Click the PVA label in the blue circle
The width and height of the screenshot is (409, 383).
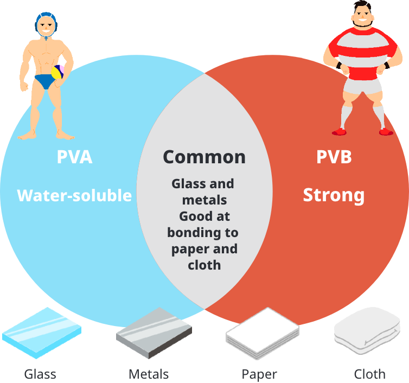pyautogui.click(x=74, y=157)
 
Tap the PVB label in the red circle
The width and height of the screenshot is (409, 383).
pyautogui.click(x=334, y=157)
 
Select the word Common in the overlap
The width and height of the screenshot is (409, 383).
pyautogui.click(x=204, y=157)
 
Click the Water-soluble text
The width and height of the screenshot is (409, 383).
pyautogui.click(x=74, y=195)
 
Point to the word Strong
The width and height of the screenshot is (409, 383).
pyautogui.click(x=334, y=195)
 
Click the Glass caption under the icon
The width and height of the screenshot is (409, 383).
pyautogui.click(x=40, y=374)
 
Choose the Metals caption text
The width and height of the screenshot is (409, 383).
pyautogui.click(x=149, y=374)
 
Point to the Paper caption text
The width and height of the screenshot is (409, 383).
pyautogui.click(x=259, y=374)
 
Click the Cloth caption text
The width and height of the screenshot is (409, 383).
pyautogui.click(x=369, y=374)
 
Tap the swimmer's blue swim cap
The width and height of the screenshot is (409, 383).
pyautogui.click(x=45, y=20)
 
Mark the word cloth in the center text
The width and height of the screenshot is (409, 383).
pyautogui.click(x=204, y=265)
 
